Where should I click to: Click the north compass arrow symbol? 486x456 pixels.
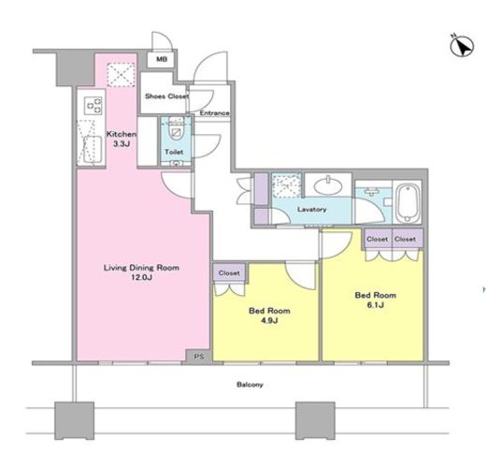point(462,46)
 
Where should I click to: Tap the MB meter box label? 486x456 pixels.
point(162,59)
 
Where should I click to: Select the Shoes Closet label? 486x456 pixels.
point(166,96)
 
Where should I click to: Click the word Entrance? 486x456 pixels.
point(214,113)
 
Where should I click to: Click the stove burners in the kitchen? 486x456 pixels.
point(93,106)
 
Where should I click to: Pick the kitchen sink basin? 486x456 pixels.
point(93,149)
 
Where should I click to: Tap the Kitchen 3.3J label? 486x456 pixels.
point(121,139)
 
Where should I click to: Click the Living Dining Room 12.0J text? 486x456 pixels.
point(141,272)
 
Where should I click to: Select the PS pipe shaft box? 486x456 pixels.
point(199,356)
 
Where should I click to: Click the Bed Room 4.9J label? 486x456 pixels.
point(269,316)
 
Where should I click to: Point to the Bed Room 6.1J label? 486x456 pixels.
point(376,300)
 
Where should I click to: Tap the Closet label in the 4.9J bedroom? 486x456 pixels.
point(229,273)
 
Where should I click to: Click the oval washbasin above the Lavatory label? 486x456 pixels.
point(328,186)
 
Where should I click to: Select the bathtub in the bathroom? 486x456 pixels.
point(407,203)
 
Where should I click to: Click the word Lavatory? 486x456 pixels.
point(311,209)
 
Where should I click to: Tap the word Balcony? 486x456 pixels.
point(250,385)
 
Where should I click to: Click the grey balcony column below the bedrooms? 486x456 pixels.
point(315,420)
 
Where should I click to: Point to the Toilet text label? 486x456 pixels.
point(174,152)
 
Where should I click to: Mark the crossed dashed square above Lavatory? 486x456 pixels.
point(286,185)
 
